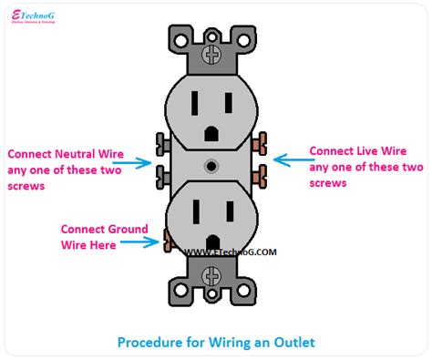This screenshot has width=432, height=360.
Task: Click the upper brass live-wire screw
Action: pyautogui.click(x=263, y=143)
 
